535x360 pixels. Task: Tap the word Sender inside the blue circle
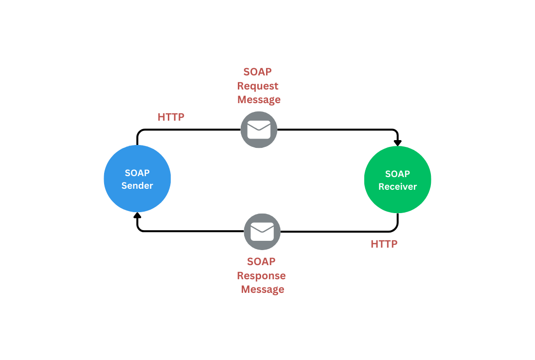pyautogui.click(x=137, y=185)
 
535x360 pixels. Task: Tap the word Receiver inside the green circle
pyautogui.click(x=397, y=186)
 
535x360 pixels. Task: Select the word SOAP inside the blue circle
pyautogui.click(x=137, y=173)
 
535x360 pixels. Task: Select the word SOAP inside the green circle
pyautogui.click(x=397, y=174)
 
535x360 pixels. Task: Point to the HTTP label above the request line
pyautogui.click(x=171, y=117)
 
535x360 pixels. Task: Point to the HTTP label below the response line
pyautogui.click(x=384, y=244)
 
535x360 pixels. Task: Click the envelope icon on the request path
pyautogui.click(x=259, y=130)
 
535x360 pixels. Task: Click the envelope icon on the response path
pyautogui.click(x=262, y=232)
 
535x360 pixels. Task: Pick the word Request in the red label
pyautogui.click(x=258, y=86)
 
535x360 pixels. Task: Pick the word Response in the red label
pyautogui.click(x=261, y=276)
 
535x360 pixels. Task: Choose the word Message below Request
pyautogui.click(x=259, y=100)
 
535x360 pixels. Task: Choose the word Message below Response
pyautogui.click(x=262, y=289)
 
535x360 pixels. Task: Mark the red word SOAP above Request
pyautogui.click(x=257, y=72)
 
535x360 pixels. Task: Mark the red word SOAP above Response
pyautogui.click(x=261, y=262)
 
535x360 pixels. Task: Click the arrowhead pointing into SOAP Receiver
pyautogui.click(x=397, y=142)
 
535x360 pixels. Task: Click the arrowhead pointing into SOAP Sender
pyautogui.click(x=138, y=216)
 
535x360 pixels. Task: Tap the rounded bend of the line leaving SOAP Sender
pyautogui.click(x=140, y=132)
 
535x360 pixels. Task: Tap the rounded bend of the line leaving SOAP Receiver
pyautogui.click(x=395, y=229)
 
